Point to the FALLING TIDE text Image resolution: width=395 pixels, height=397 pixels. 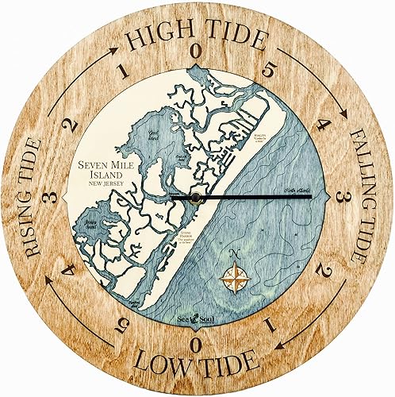tap(364, 198)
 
